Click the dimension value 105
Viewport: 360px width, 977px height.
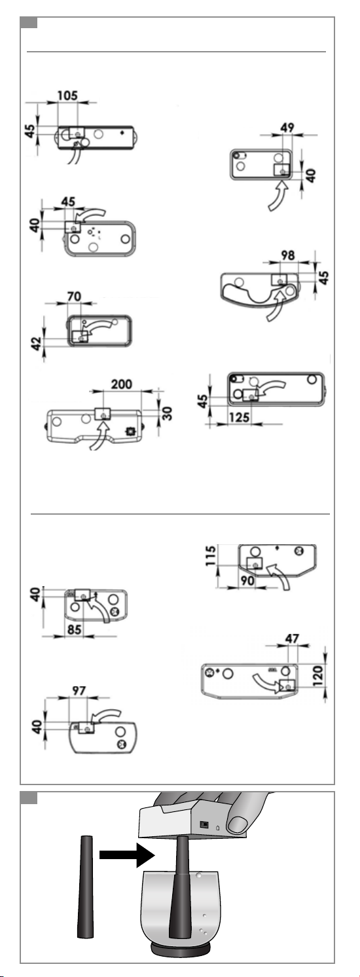pos(67,96)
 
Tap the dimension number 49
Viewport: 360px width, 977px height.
pos(287,128)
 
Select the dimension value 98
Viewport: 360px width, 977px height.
pos(287,255)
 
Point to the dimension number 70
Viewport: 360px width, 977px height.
pos(74,296)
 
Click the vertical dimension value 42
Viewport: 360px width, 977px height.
pos(37,343)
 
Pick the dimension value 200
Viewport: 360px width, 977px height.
pos(122,384)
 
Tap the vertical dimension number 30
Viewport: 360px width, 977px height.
pos(167,413)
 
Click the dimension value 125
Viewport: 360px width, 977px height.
pos(240,417)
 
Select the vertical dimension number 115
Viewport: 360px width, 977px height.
pos(211,555)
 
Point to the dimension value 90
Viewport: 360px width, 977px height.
pos(247,581)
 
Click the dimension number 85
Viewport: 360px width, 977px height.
pos(75,630)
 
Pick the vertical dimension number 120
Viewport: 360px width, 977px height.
pos(319,676)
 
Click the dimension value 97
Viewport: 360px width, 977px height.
pos(79,691)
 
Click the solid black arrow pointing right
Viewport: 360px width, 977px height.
pos(127,855)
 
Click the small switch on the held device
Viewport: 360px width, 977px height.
pos(204,825)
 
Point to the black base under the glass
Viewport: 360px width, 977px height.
pos(179,948)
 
